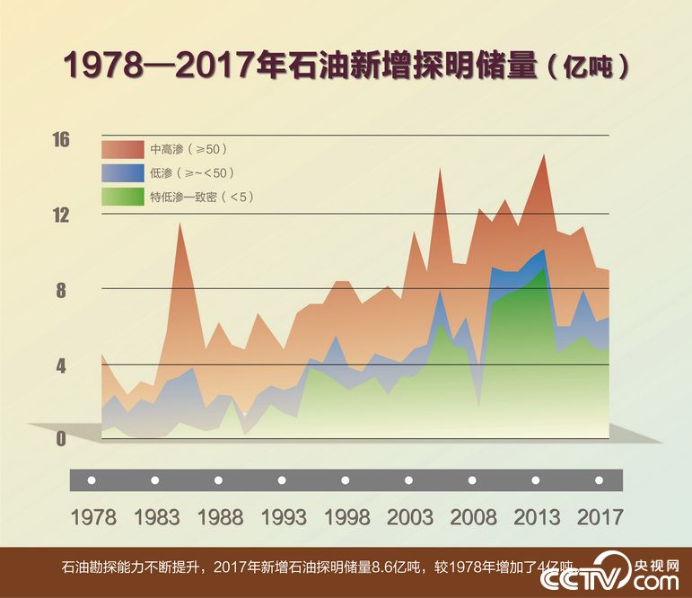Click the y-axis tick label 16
61,140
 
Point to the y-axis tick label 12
61,215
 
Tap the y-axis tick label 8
61,290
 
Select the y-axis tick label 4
61,365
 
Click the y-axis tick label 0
61,439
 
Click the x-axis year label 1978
92,518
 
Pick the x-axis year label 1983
156,518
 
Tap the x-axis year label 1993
283,518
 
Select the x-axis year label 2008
473,518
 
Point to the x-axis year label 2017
599,518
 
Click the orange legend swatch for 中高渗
122,149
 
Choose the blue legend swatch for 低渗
122,172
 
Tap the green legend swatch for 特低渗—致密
122,196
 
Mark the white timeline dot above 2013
536,480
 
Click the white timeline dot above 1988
219,480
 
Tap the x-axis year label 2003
409,518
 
